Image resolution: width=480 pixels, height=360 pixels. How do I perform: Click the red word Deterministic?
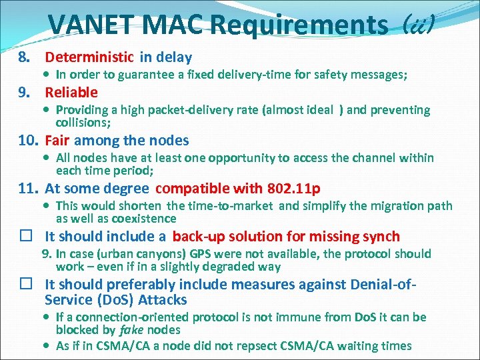(89, 58)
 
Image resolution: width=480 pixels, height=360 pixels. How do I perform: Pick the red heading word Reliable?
(71, 93)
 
